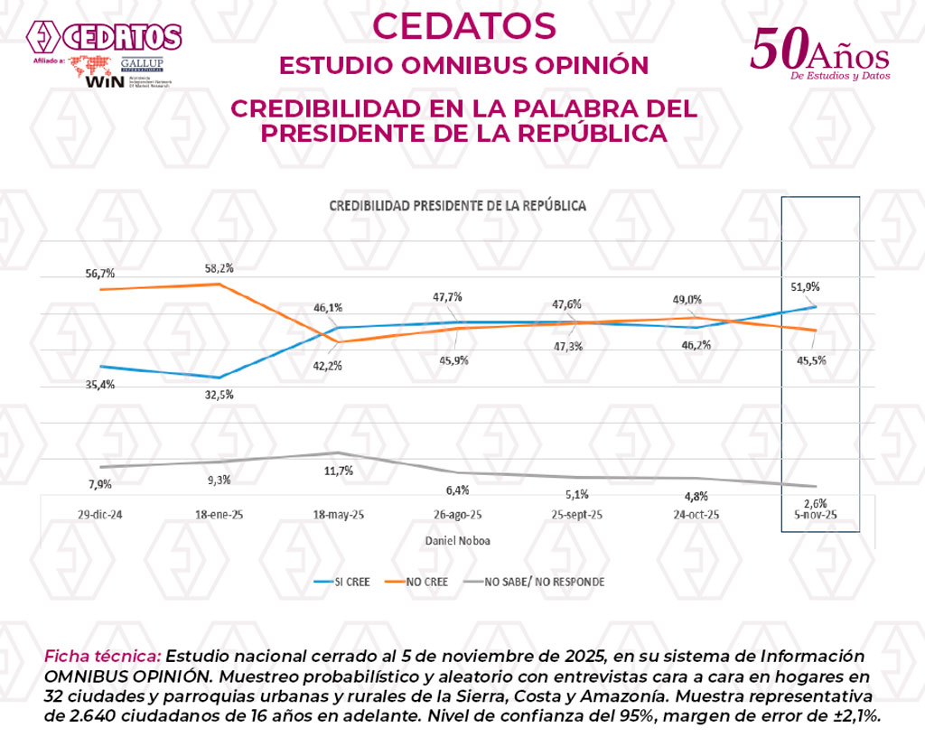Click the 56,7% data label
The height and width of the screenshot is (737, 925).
[x=100, y=273]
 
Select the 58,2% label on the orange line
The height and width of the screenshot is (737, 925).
[x=217, y=267]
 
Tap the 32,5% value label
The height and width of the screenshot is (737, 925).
[x=217, y=394]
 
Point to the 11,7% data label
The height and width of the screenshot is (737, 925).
[x=338, y=471]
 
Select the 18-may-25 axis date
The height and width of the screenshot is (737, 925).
[x=338, y=514]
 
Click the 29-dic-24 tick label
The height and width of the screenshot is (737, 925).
[x=100, y=514]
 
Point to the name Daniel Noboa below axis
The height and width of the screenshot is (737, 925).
[x=457, y=540]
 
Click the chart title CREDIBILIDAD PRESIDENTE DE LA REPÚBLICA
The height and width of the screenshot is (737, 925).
[x=457, y=206]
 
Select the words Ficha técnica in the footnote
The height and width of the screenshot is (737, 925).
[x=102, y=655]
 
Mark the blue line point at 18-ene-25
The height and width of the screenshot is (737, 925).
[x=217, y=378]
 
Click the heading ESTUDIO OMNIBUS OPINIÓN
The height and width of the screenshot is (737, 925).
[x=463, y=66]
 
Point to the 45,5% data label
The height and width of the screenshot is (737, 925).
[x=810, y=359]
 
